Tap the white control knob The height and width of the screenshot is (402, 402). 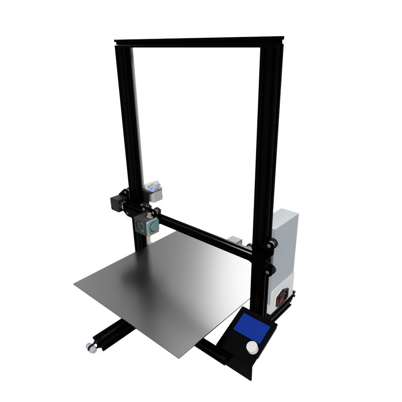tap(252, 348)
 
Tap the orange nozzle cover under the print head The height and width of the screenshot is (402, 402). tap(150, 239)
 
